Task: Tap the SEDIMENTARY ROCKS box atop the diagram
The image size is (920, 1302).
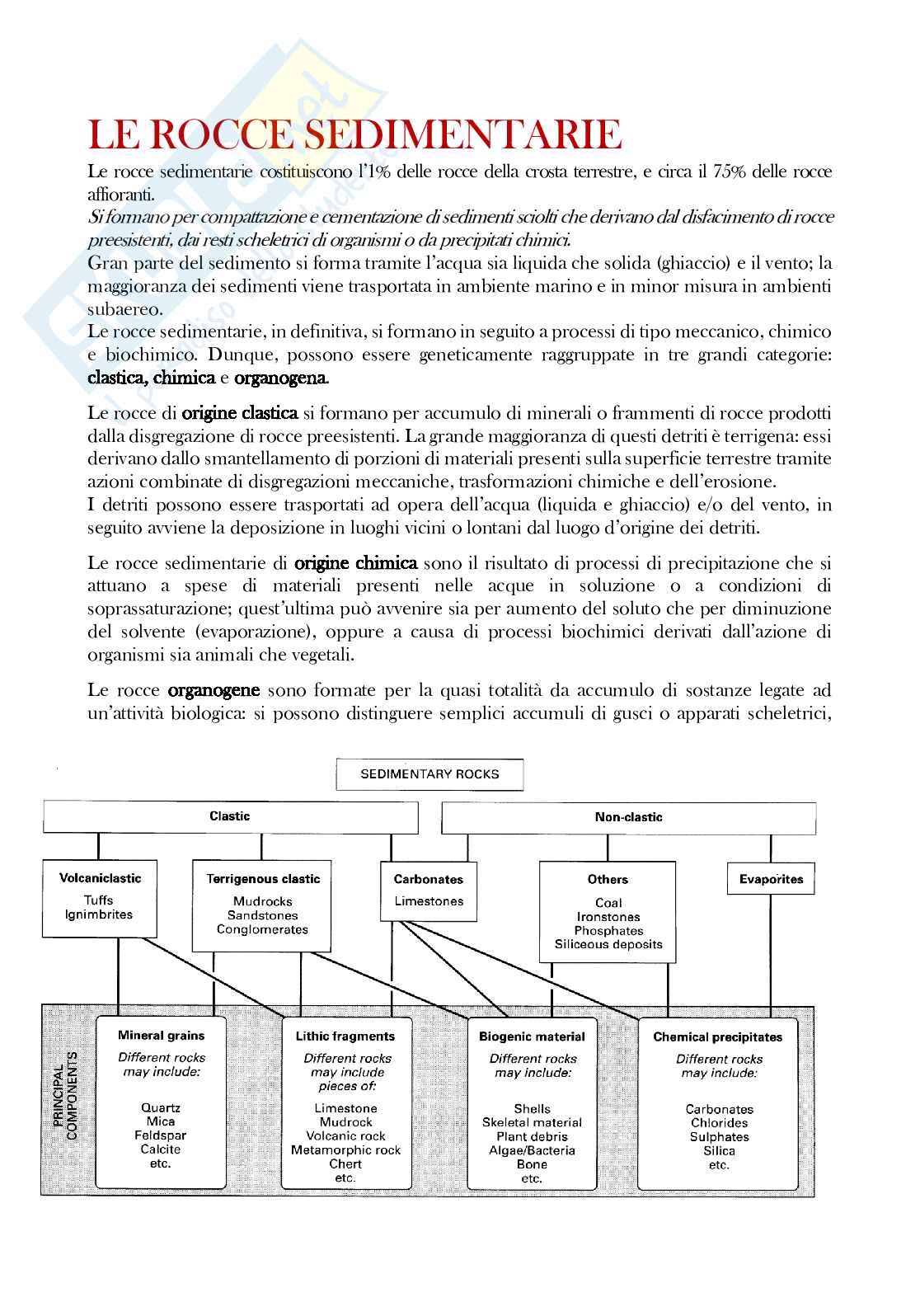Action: click(429, 774)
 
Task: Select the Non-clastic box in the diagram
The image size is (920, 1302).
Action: click(628, 817)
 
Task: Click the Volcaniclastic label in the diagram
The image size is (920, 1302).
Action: click(100, 878)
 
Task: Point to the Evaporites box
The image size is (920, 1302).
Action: click(771, 879)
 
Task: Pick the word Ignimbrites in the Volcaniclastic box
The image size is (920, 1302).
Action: click(99, 914)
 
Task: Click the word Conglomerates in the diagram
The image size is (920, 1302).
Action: click(262, 929)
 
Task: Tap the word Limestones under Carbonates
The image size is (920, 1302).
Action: click(429, 901)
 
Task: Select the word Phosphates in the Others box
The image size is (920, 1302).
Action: click(608, 931)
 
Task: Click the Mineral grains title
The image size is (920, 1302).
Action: click(161, 1036)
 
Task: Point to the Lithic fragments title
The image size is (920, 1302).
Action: click(345, 1036)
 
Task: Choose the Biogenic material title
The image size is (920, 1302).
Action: click(532, 1036)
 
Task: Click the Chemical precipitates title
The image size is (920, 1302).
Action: click(717, 1037)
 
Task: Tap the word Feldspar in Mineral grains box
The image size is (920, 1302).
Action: click(160, 1135)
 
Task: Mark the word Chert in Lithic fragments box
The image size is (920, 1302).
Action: click(345, 1163)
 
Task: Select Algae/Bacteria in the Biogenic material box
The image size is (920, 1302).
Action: click(532, 1150)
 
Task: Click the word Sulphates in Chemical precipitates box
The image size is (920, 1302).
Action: click(719, 1137)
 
